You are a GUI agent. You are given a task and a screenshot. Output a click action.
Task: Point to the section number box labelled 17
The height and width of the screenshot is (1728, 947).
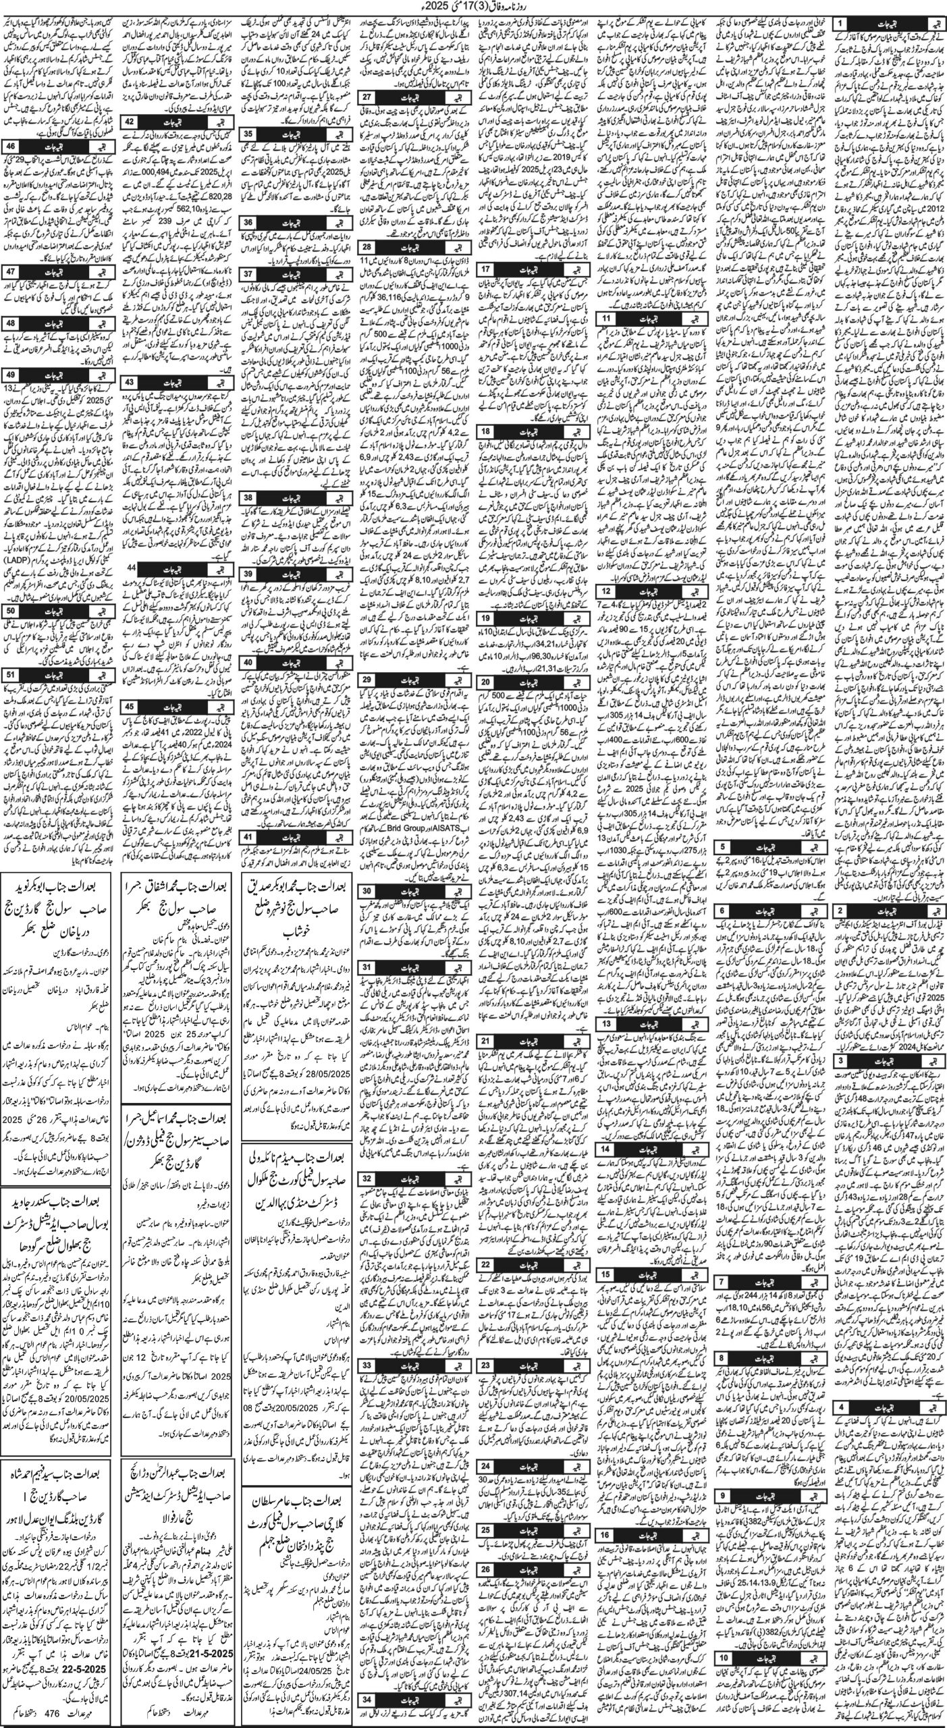click(485, 269)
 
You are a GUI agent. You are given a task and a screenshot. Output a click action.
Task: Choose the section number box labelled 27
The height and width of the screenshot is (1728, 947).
click(367, 97)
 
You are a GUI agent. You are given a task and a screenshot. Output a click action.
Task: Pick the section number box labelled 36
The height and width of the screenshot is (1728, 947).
click(248, 222)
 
